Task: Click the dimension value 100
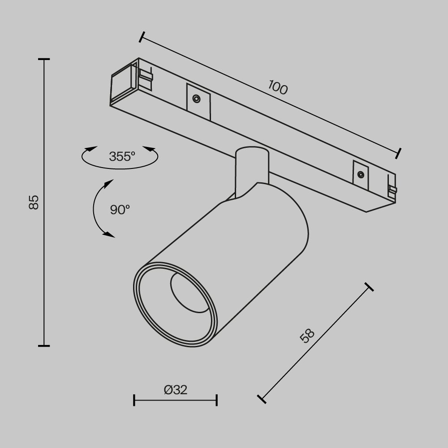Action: (278, 87)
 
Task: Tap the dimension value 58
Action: (307, 336)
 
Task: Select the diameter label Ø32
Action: (176, 390)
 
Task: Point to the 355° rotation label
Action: (121, 157)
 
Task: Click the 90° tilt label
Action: (120, 209)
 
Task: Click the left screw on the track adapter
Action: (196, 99)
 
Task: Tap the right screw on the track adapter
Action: (360, 174)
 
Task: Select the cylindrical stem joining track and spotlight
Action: (251, 170)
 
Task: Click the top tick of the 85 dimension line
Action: (44, 59)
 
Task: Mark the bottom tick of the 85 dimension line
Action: (44, 345)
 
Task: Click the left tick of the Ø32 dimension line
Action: (134, 400)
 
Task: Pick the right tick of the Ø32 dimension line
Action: (217, 400)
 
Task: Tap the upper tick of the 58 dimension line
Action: (369, 287)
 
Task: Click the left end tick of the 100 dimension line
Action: (142, 37)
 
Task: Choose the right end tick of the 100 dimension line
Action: (398, 153)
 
